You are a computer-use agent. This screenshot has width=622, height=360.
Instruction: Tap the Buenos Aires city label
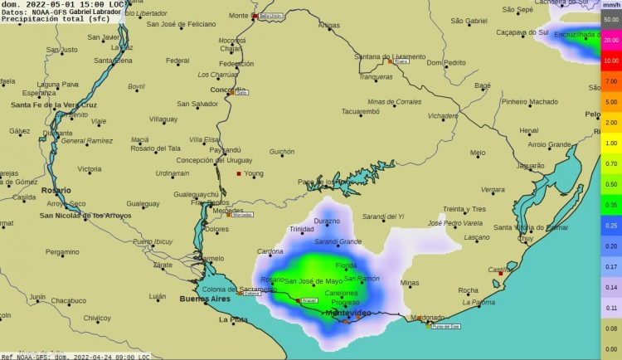tap(205, 298)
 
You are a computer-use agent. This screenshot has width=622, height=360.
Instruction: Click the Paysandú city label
tap(226, 150)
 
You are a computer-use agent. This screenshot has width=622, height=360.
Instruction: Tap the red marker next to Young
tap(239, 173)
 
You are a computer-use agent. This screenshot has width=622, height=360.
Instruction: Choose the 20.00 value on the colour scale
tap(611, 39)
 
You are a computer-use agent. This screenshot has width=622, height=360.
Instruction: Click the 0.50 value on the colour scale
tap(611, 184)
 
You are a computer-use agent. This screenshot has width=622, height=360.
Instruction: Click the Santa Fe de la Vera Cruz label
tap(54, 105)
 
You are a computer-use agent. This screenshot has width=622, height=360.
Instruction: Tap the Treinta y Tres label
tap(464, 209)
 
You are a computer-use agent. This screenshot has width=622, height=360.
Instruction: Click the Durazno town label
tap(327, 221)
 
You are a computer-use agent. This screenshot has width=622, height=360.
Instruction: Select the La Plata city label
tap(233, 319)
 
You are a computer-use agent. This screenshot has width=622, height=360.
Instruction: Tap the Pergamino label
tap(62, 251)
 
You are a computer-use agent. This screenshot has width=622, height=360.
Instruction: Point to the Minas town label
tap(410, 284)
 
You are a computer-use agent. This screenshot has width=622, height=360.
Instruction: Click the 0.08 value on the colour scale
tap(611, 329)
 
